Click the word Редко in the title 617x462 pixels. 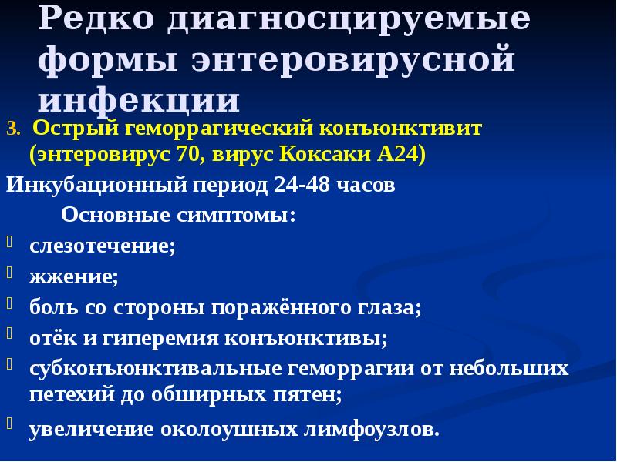pos(96,19)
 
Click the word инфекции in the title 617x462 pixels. pos(139,100)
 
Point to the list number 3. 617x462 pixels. pos(11,129)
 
